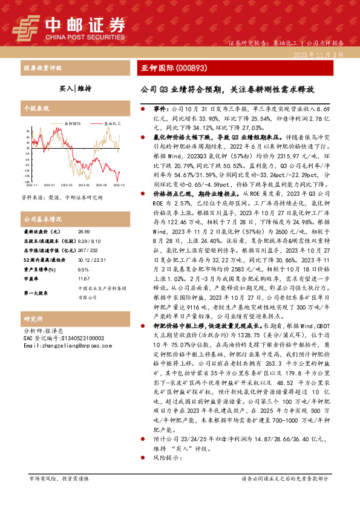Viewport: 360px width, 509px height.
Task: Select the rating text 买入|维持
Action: [75, 88]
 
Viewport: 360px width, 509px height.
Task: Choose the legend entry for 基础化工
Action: [111, 123]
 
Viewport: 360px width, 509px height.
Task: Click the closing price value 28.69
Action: [83, 232]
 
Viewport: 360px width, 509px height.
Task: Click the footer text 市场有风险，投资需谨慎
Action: [59, 495]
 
